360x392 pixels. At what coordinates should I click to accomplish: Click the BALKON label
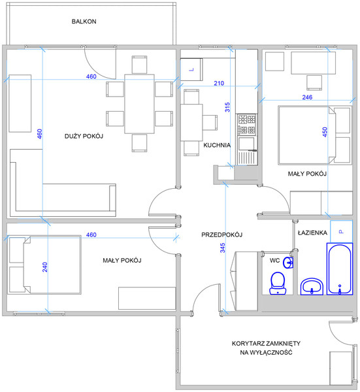[x=84, y=22]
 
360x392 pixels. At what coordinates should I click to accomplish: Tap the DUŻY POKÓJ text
[x=84, y=137]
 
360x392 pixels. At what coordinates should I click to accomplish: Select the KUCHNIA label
[x=217, y=145]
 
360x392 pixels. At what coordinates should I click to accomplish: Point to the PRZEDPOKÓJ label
[x=222, y=235]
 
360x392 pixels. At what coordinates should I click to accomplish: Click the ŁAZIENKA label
[x=312, y=233]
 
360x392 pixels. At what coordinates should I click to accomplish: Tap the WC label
[x=274, y=261]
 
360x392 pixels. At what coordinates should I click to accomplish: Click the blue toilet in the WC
[x=278, y=283]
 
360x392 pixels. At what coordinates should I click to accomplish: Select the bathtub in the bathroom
[x=340, y=269]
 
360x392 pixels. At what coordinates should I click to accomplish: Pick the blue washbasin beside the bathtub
[x=312, y=287]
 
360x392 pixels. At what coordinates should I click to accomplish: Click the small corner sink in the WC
[x=288, y=263]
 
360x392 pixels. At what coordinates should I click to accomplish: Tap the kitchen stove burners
[x=247, y=124]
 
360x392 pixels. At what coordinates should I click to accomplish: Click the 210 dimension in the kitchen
[x=219, y=83]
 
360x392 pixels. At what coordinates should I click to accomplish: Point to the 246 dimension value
[x=307, y=97]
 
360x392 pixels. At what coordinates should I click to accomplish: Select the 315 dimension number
[x=227, y=107]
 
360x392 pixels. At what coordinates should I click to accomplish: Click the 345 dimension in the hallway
[x=223, y=248]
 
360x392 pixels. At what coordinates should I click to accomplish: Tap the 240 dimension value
[x=44, y=267]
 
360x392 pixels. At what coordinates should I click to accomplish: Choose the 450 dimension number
[x=325, y=132]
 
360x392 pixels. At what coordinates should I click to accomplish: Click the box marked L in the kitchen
[x=191, y=69]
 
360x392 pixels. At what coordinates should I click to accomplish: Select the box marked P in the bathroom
[x=341, y=231]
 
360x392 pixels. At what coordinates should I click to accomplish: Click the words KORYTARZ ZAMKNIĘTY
[x=266, y=343]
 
